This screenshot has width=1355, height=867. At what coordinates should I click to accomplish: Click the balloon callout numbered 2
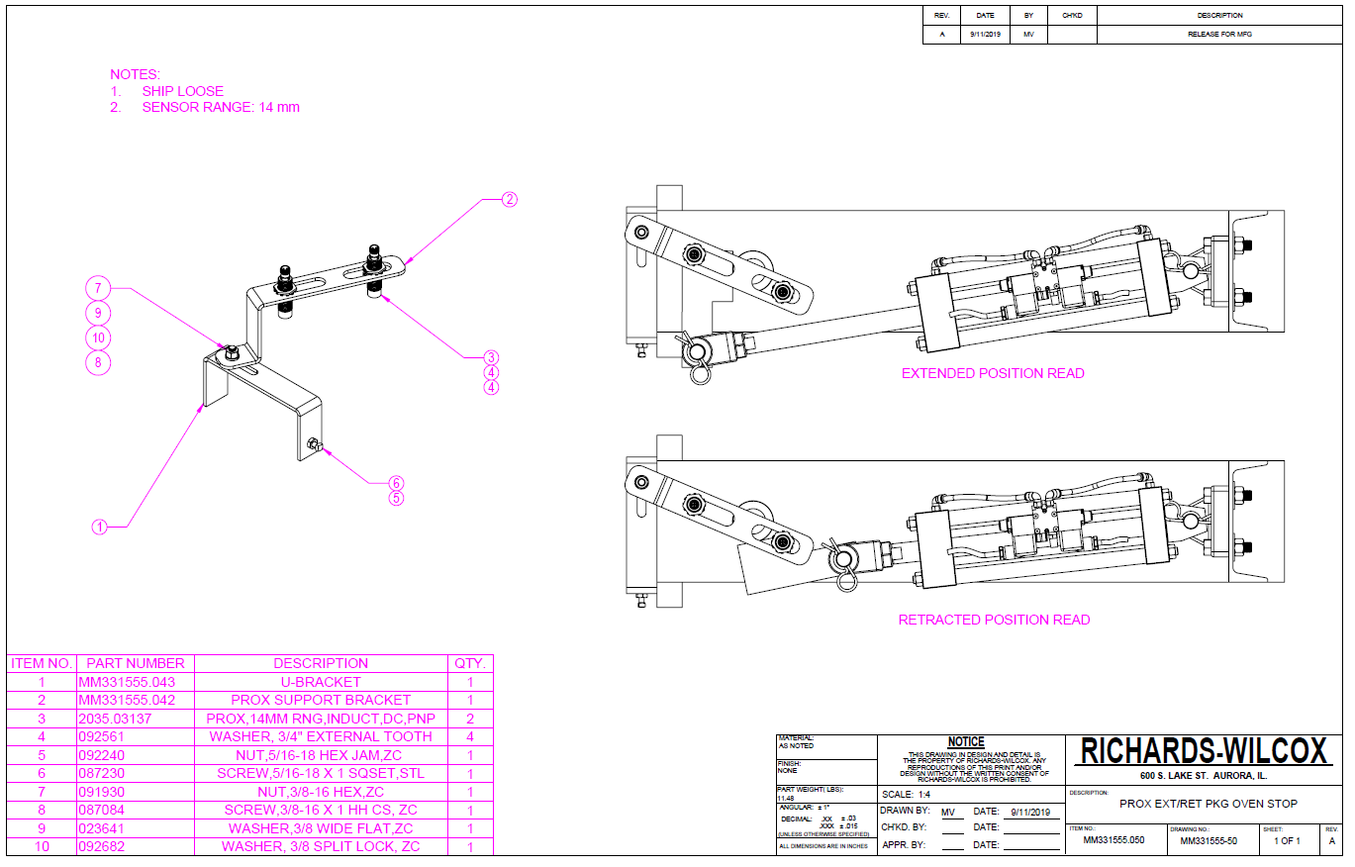click(x=509, y=200)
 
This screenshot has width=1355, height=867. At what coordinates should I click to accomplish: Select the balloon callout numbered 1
click(x=99, y=528)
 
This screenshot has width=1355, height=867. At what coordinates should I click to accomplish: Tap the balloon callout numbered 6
click(x=396, y=483)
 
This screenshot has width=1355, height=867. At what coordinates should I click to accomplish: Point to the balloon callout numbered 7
click(x=98, y=289)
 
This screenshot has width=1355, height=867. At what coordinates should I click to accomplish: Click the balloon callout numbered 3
click(x=491, y=357)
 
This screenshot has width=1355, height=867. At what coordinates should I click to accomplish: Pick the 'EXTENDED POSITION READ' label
click(x=993, y=373)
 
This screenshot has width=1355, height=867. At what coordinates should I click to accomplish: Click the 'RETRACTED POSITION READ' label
click(x=994, y=620)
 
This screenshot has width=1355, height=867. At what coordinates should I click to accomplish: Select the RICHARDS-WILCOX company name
click(x=1204, y=751)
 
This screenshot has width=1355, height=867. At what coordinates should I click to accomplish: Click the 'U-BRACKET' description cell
click(x=321, y=682)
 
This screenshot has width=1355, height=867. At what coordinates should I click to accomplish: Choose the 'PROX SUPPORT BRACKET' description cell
click(x=321, y=700)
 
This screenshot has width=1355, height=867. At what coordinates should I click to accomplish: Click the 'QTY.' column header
click(x=470, y=663)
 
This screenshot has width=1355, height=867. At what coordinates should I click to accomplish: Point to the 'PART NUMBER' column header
click(x=135, y=663)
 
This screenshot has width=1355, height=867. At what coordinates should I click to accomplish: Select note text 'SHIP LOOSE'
click(x=182, y=91)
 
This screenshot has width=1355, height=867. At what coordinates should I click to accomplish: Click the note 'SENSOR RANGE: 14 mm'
click(x=220, y=107)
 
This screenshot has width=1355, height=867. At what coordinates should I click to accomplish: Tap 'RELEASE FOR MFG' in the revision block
click(x=1219, y=35)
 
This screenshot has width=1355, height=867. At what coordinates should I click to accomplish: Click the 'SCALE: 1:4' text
click(x=905, y=795)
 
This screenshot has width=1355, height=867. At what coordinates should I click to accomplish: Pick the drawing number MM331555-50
click(x=1209, y=841)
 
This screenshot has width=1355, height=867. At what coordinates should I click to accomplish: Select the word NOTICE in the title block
click(x=966, y=742)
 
